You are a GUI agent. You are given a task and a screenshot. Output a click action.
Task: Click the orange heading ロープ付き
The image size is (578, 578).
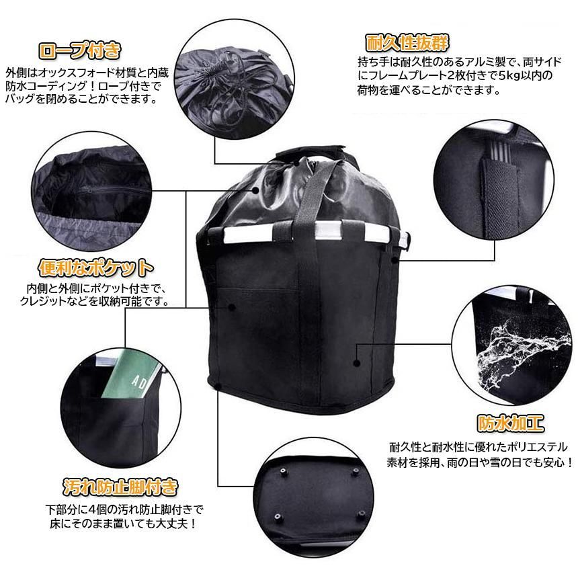(x=81, y=50)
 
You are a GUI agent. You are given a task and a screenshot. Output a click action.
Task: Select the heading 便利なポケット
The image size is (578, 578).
(x=96, y=268)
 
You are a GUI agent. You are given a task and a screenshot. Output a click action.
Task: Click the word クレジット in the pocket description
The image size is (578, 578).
(x=57, y=302)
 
